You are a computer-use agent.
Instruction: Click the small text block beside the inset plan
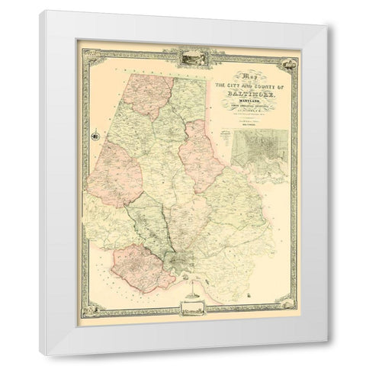click(x=226, y=136)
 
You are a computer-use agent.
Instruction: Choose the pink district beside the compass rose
click(x=114, y=173)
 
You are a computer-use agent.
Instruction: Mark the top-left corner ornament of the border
click(x=87, y=54)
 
